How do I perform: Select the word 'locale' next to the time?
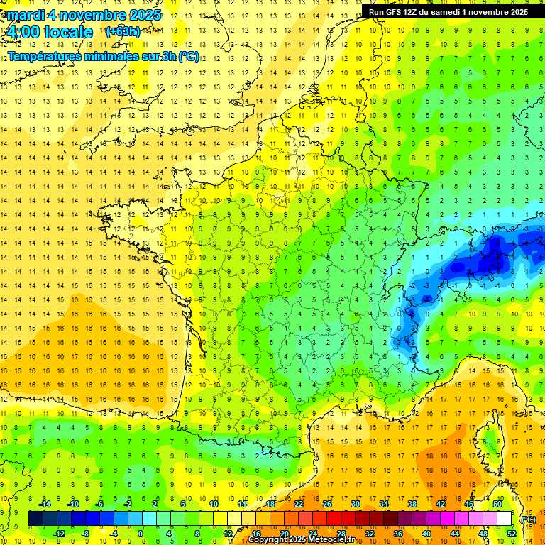click(x=67, y=32)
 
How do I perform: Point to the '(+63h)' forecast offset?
click(x=122, y=31)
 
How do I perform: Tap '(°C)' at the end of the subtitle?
click(x=188, y=56)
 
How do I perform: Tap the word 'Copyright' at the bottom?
click(x=268, y=540)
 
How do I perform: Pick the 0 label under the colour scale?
click(x=140, y=534)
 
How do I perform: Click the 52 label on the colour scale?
click(x=512, y=534)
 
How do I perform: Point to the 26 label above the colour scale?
click(x=327, y=504)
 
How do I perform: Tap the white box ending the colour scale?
click(x=505, y=519)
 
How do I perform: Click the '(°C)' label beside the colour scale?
click(x=528, y=519)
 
